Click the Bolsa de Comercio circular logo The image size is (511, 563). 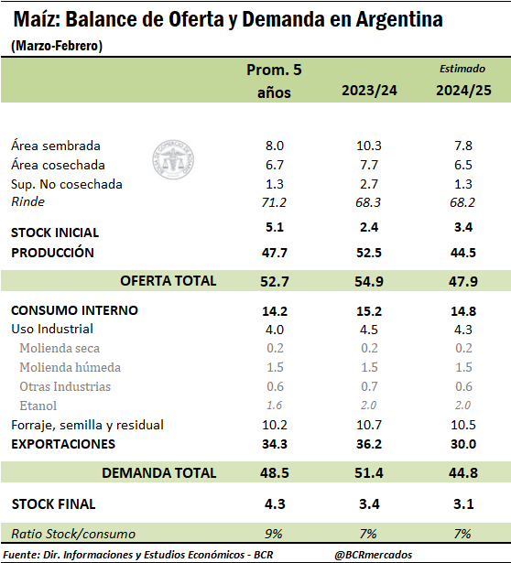coord(173,159)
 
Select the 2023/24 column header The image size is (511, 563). coord(369,90)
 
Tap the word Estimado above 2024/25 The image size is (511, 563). coord(462,69)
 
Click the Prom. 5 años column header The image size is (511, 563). coord(274,81)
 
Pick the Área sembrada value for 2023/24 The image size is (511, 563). coord(369,146)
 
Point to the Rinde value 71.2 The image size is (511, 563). coord(274,202)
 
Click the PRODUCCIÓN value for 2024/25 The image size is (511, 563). coord(463,253)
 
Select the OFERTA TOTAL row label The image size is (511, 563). coord(169,281)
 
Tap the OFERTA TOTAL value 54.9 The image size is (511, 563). coord(369,281)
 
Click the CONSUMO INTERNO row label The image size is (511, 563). coord(74,310)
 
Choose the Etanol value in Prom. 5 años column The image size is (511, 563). coord(274,405)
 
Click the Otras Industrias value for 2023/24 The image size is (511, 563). coord(369,386)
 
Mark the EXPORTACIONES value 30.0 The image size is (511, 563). coord(463,444)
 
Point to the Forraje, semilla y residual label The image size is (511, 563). coord(87,425)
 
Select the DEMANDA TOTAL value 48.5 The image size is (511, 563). coord(275,472)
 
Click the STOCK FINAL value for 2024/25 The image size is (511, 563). coord(463,503)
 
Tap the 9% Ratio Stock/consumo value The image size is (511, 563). coord(274,534)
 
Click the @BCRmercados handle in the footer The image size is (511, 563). coord(374,555)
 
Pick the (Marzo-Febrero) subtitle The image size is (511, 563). coord(57,46)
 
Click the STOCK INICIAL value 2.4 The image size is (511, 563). coord(369,227)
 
